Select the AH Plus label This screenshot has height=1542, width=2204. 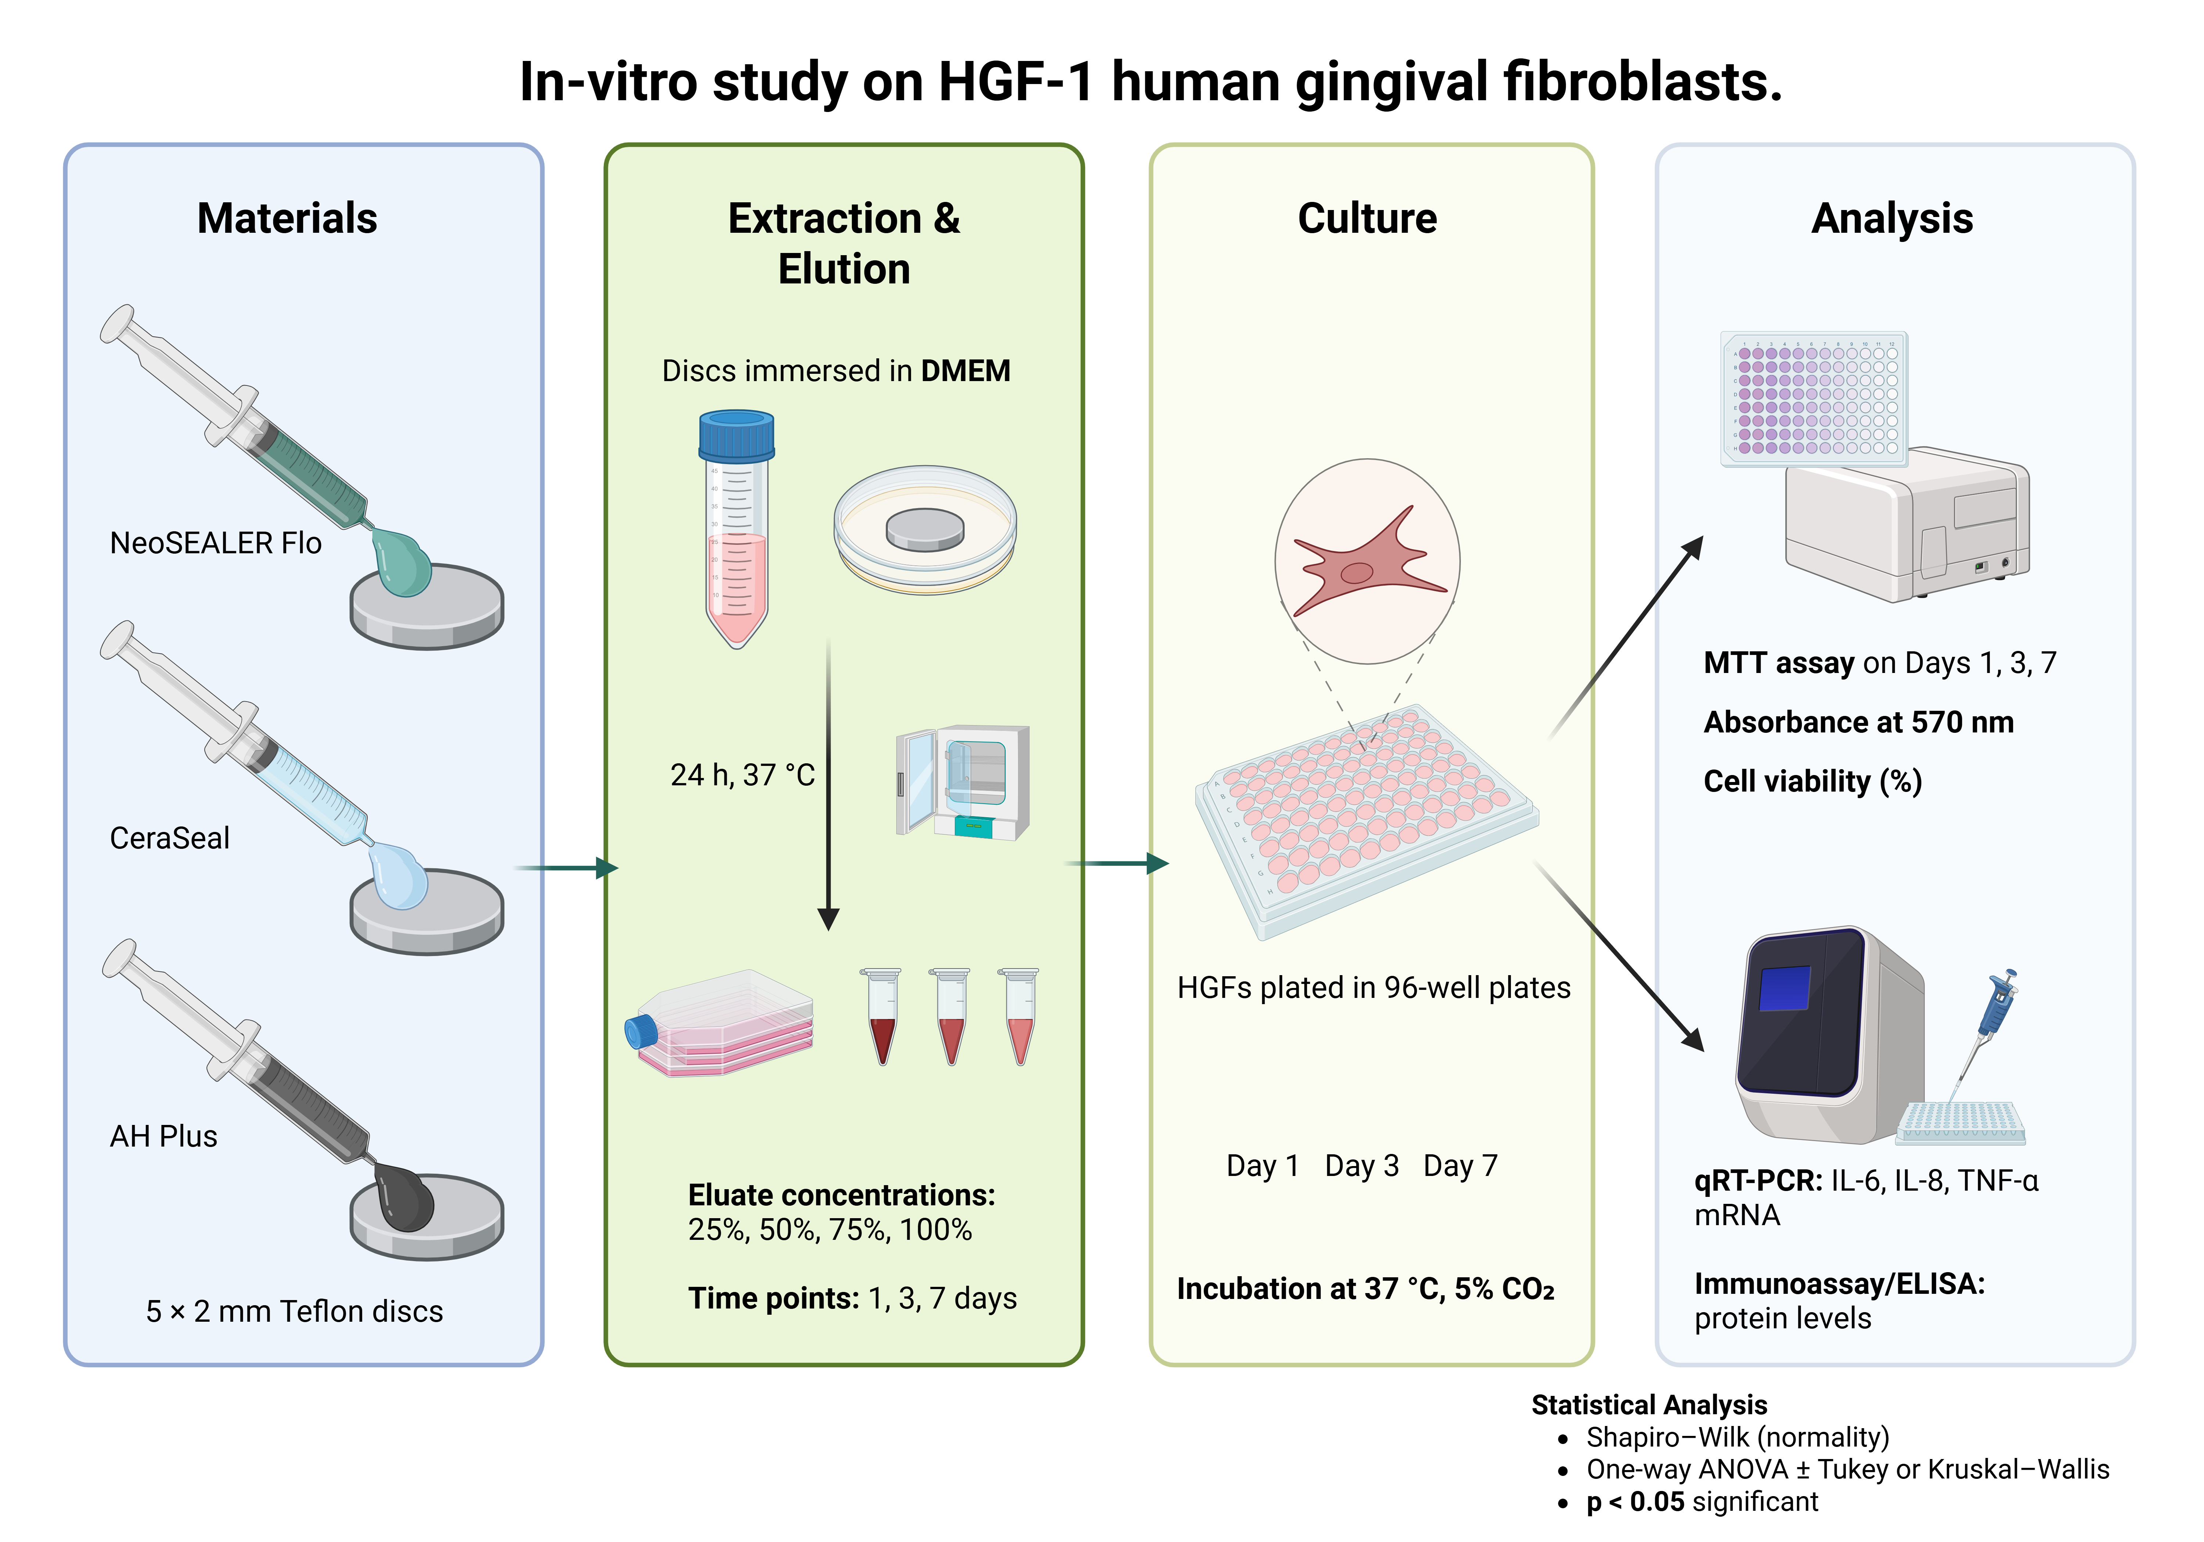163,1136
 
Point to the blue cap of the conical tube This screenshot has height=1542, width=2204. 736,435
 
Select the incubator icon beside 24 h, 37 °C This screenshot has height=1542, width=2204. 963,782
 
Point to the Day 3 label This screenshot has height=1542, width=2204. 1361,1166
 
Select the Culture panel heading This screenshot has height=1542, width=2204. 1367,219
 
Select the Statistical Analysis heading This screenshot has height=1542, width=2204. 1648,1405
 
